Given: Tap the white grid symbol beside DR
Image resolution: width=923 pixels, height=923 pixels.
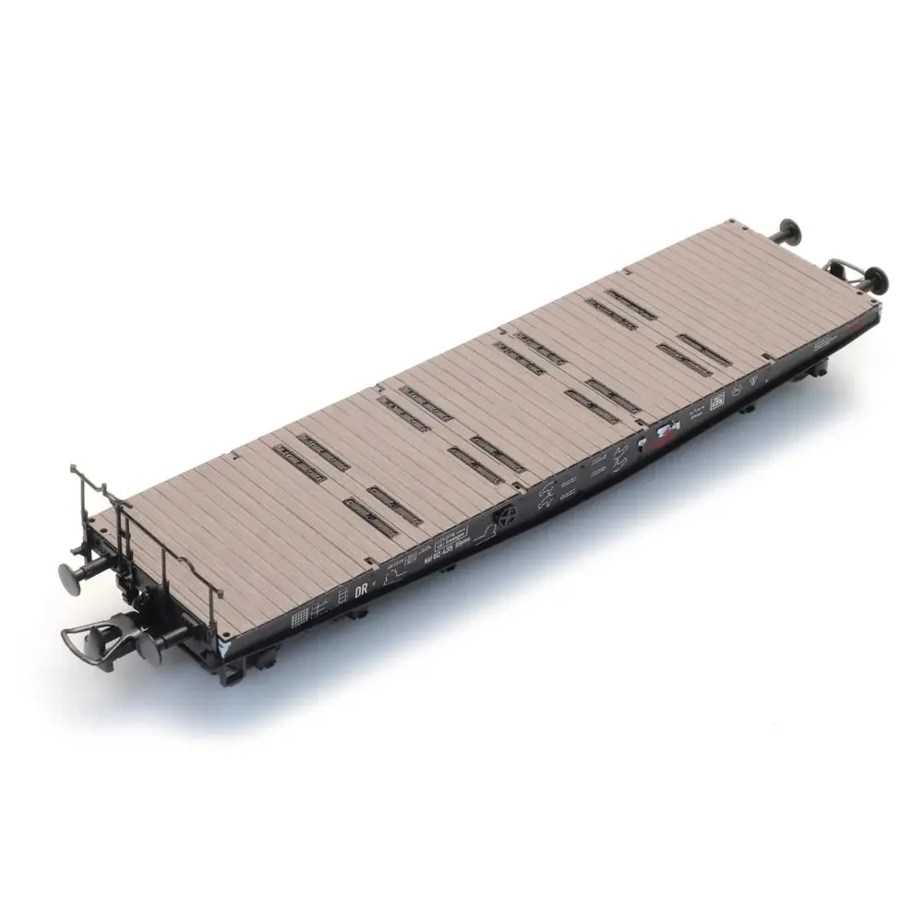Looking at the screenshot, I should click(300, 616).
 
